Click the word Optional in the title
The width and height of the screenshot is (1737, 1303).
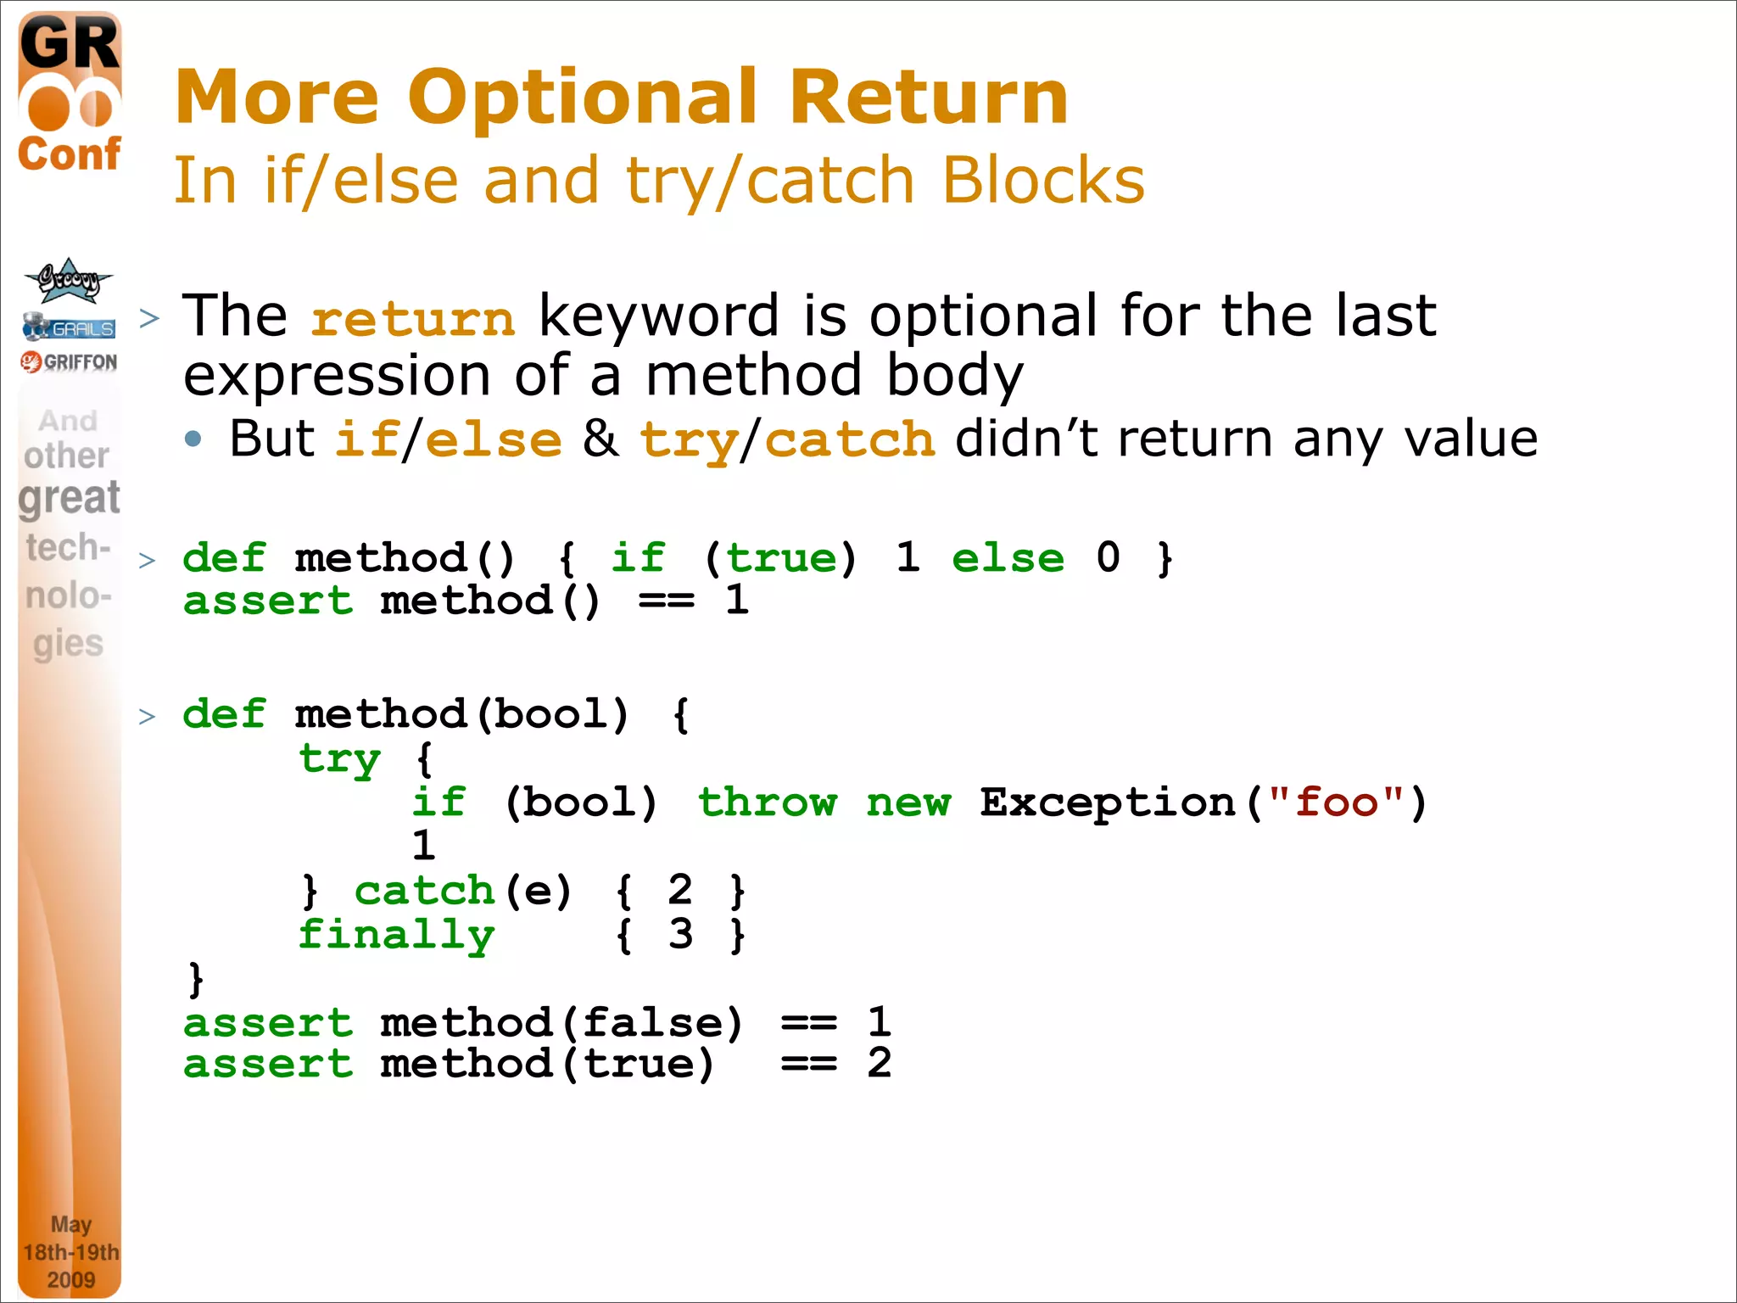click(x=582, y=98)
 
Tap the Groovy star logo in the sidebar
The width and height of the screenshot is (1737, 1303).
click(x=69, y=280)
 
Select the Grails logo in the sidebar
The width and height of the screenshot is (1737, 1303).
click(x=70, y=327)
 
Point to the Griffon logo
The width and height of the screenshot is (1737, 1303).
click(x=70, y=362)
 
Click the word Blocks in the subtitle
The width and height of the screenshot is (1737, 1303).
click(x=1042, y=181)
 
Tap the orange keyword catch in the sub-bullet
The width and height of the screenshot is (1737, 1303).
click(x=849, y=440)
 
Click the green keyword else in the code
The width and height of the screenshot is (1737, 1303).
click(x=1008, y=558)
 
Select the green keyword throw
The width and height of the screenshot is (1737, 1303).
click(x=767, y=802)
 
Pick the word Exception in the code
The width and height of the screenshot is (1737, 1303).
click(x=1107, y=802)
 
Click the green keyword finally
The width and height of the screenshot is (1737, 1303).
click(x=396, y=936)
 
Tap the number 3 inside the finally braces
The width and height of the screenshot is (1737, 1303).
click(x=680, y=934)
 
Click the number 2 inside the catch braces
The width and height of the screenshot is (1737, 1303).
click(x=680, y=890)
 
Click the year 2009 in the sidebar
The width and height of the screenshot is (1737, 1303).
click(x=71, y=1279)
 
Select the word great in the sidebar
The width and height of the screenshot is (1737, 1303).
click(x=70, y=498)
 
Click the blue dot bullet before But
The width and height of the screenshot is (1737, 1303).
click(x=194, y=439)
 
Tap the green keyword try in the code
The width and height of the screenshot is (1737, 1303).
click(x=339, y=759)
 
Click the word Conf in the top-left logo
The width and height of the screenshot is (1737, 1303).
click(x=70, y=154)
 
